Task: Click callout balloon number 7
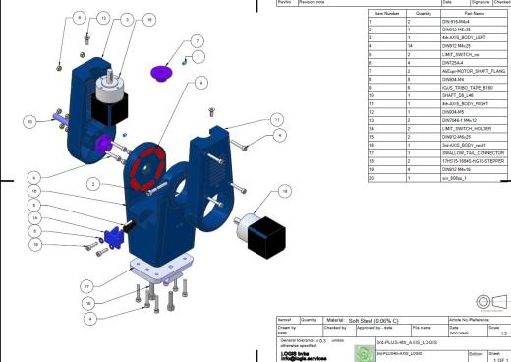click(197, 41)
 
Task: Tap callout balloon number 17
click(91, 286)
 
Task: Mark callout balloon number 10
click(29, 120)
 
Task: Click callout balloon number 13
click(103, 19)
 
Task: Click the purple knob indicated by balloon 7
click(161, 71)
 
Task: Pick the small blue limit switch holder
click(112, 236)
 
